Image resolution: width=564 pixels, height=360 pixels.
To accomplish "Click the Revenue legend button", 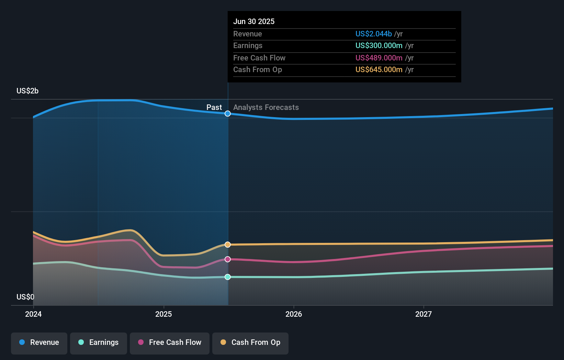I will tap(39, 342).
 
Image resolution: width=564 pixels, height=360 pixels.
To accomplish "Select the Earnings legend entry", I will tap(99, 342).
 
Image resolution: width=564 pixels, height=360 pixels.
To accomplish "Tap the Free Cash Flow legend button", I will tap(170, 342).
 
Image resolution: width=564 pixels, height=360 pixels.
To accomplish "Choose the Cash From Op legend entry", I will tap(250, 342).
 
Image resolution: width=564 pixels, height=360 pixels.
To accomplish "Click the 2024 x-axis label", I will tap(33, 314).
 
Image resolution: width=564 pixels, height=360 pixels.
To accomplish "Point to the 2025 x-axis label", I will tap(163, 314).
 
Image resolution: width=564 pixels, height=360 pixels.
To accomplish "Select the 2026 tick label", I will tap(294, 314).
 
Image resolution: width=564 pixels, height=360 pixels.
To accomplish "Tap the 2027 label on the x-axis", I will tap(424, 314).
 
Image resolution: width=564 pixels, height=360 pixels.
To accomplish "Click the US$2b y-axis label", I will tap(27, 91).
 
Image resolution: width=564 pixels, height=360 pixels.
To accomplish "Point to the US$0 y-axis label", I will tap(25, 297).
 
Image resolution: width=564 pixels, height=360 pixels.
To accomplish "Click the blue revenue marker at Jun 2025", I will tap(228, 114).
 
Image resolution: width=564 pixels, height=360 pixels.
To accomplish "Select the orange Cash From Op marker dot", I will tap(228, 245).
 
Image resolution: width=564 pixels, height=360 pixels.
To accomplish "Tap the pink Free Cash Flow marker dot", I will tap(228, 259).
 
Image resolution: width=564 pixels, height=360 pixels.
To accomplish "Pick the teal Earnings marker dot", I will tap(228, 277).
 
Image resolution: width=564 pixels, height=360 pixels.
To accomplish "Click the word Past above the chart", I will tap(214, 108).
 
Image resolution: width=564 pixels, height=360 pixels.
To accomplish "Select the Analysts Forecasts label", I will tap(266, 108).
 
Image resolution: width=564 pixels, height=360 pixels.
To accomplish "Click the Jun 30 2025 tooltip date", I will tap(254, 22).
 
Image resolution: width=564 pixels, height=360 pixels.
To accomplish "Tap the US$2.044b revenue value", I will tap(373, 34).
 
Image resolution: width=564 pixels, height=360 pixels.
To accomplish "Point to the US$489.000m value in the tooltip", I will tap(379, 58).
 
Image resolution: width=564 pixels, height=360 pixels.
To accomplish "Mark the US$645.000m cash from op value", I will tap(379, 70).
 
